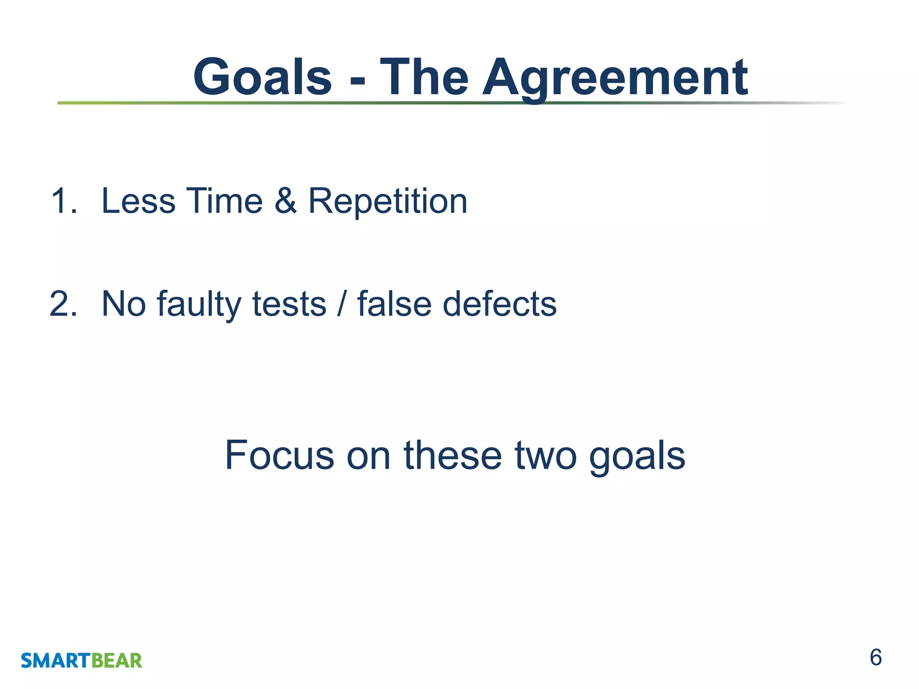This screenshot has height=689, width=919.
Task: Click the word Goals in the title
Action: pos(263,77)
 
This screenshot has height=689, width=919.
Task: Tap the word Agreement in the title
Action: pos(615,78)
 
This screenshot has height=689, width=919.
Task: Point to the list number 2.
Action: pos(63,304)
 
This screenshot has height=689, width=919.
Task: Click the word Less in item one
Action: pos(138,201)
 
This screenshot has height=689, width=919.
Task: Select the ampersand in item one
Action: pos(285,201)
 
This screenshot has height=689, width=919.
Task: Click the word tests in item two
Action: pos(289,304)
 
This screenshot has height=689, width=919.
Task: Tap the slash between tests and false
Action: pos(342,304)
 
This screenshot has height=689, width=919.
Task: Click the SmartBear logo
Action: pos(81,660)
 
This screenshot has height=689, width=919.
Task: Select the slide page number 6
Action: pos(875,658)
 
